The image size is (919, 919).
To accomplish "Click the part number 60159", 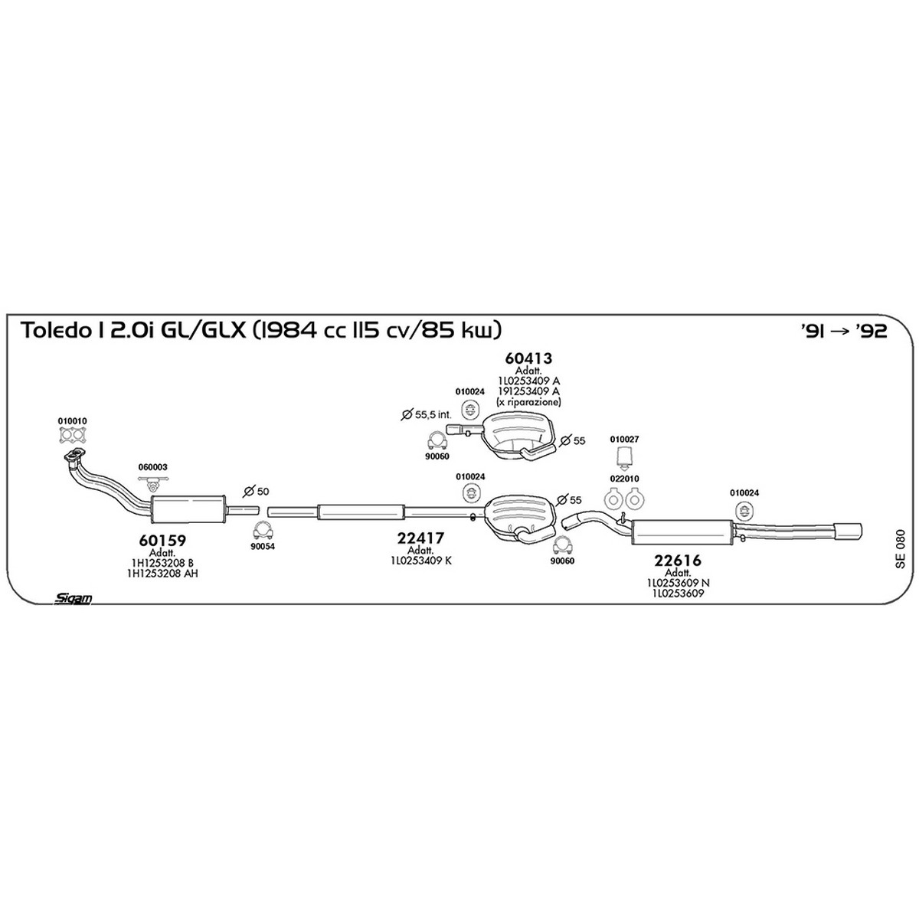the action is [x=162, y=541].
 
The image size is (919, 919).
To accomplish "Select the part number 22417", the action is [x=420, y=538].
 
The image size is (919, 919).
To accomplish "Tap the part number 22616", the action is [x=678, y=561].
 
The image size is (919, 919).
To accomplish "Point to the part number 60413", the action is [x=528, y=358].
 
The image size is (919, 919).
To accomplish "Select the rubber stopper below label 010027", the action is [x=624, y=456].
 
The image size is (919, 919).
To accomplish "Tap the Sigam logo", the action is [x=73, y=598].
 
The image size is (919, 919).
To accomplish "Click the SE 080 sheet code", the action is [x=900, y=549].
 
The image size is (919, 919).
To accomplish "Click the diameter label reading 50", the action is [x=256, y=491].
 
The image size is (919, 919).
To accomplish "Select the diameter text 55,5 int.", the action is [x=426, y=414].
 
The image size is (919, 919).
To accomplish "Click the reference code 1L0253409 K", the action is [x=420, y=561].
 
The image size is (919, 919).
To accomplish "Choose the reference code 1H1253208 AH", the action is [x=162, y=574].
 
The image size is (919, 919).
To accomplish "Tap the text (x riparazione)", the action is [x=528, y=402].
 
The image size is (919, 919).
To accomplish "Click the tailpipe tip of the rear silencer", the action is [x=848, y=531].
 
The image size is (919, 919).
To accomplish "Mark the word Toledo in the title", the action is [x=53, y=331].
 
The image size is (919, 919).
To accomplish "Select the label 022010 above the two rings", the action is [x=624, y=479].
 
